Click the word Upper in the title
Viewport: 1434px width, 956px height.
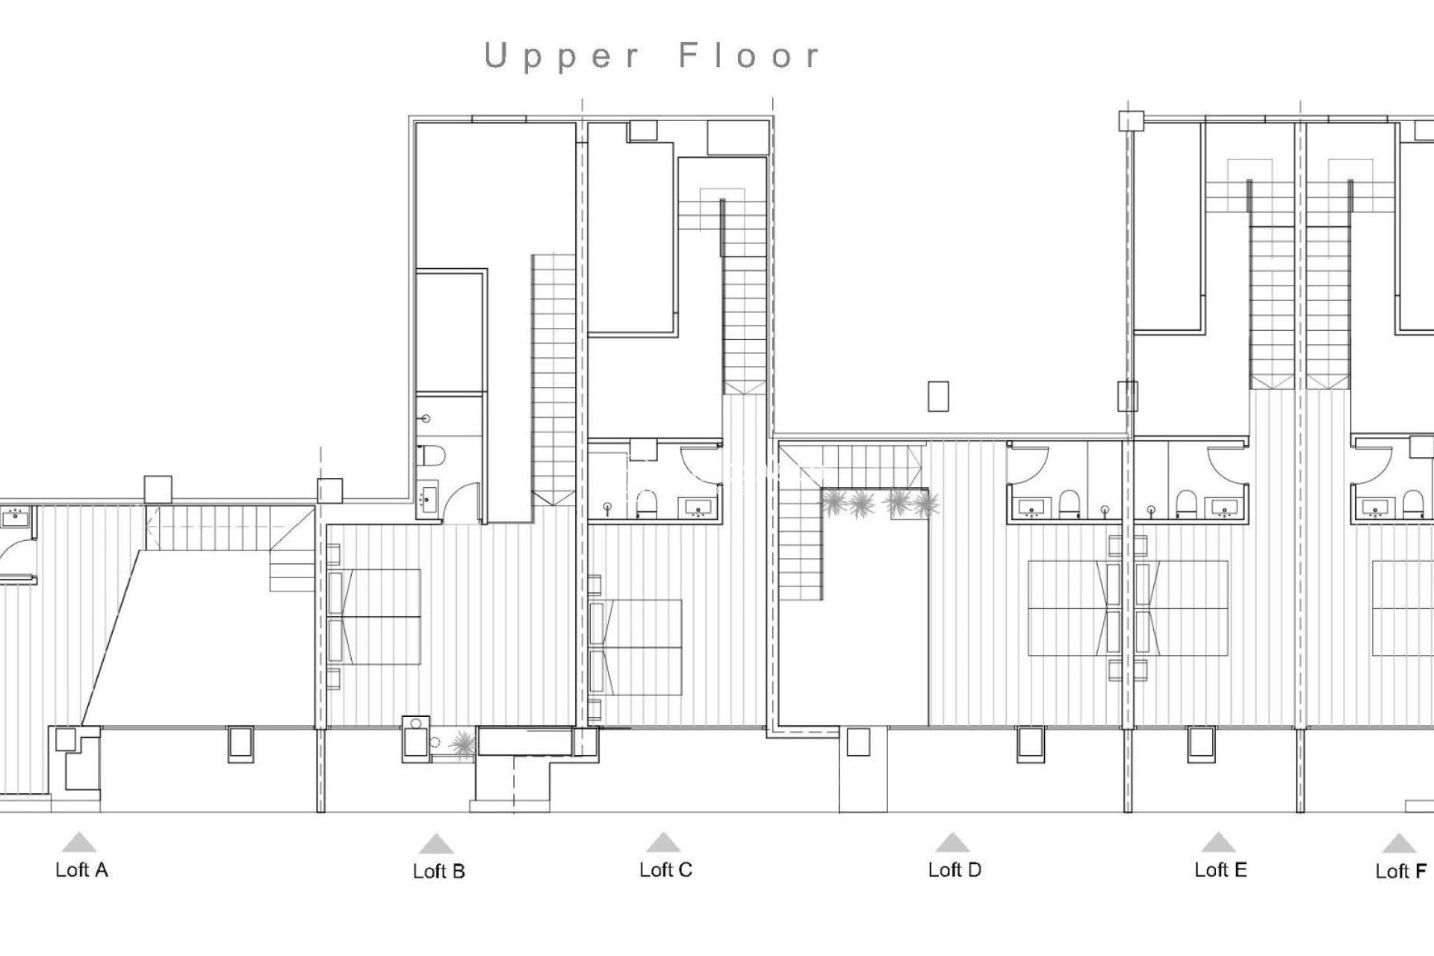point(562,57)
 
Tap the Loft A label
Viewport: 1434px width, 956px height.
point(81,870)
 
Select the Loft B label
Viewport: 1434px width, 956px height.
point(438,872)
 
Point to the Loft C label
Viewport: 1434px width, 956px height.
point(665,870)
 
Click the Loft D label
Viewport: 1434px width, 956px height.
point(954,870)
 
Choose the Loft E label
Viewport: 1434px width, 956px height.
point(1220,870)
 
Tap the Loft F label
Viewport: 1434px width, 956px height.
point(1400,872)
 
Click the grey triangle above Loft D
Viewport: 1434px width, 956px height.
point(952,843)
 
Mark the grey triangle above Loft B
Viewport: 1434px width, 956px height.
point(436,845)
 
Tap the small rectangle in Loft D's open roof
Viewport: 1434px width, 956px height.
point(938,396)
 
